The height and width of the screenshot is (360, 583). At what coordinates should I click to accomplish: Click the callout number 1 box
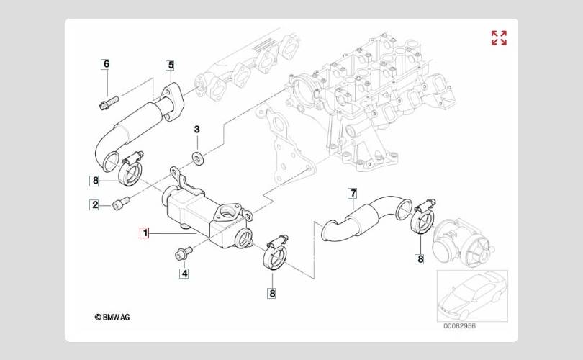point(144,233)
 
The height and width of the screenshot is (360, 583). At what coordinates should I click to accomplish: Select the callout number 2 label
point(95,204)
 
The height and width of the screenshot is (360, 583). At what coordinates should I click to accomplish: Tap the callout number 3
point(196,130)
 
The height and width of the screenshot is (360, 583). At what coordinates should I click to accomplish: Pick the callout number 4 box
point(184,274)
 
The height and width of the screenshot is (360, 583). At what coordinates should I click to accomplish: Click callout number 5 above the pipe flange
point(171,66)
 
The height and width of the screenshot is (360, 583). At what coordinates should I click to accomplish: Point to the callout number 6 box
point(107,64)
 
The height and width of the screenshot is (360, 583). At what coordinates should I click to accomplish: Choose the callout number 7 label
point(353,194)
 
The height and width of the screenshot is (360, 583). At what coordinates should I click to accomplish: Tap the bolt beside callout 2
point(121,203)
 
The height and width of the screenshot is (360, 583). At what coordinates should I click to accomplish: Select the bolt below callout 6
point(109,103)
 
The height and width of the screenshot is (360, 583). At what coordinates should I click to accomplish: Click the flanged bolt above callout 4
point(184,253)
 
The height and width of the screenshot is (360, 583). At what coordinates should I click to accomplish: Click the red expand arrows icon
point(499,37)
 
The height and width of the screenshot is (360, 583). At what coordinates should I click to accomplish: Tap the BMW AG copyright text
point(112,318)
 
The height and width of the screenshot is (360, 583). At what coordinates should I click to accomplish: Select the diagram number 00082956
point(459,326)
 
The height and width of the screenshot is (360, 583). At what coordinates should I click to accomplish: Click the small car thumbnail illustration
point(472,296)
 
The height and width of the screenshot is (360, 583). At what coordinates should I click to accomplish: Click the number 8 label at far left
point(95,181)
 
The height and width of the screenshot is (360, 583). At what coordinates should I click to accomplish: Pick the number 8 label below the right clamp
point(420,259)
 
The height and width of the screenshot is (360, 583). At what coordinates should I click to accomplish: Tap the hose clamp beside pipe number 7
point(423,217)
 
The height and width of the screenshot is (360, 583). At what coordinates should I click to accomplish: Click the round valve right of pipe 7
point(461,243)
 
